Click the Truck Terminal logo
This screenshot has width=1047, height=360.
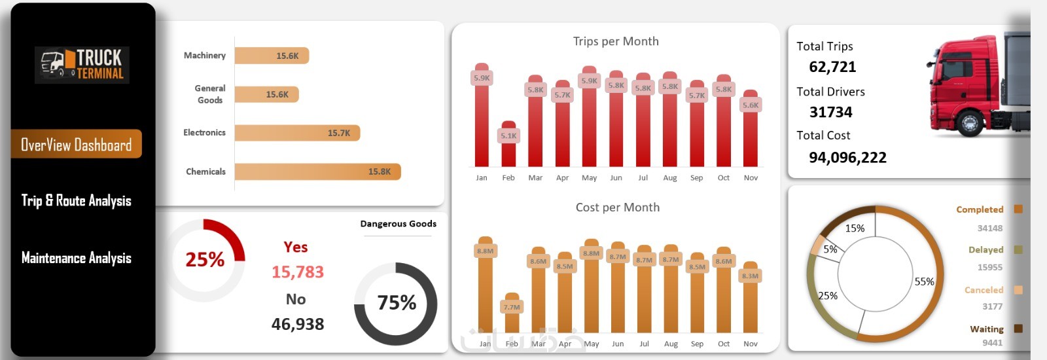(82, 65)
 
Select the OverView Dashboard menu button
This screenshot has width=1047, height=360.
(77, 145)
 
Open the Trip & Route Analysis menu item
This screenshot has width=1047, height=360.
(77, 201)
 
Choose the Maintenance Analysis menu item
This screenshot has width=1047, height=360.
(77, 258)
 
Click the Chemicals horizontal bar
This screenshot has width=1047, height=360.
(317, 171)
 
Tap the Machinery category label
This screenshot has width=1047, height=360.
(205, 56)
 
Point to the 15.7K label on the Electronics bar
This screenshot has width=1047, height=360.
(339, 133)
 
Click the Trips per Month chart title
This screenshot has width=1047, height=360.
(616, 41)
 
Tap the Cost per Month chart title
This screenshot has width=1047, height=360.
(618, 207)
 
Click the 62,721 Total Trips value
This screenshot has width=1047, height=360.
(832, 67)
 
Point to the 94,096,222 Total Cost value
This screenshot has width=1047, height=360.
(847, 158)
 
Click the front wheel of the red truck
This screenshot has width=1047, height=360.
(969, 122)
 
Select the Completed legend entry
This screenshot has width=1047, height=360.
(980, 209)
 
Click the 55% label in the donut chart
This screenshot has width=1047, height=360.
(924, 281)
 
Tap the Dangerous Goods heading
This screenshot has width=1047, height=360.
(398, 224)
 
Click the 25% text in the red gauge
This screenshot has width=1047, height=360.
(205, 260)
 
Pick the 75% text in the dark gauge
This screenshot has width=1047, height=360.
(397, 302)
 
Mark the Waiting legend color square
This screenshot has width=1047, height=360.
(1018, 329)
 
